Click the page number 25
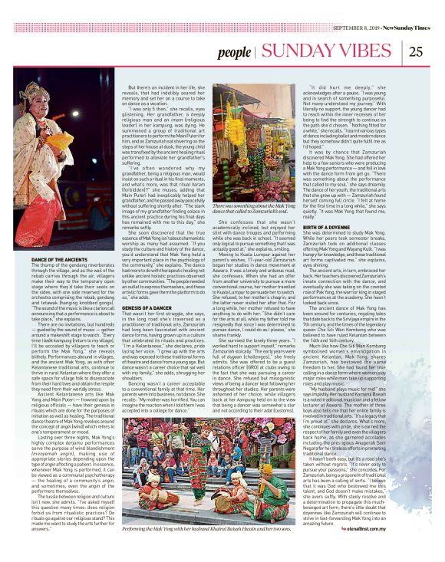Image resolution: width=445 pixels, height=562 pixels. point(415,52)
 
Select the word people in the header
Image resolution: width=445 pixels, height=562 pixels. point(232,53)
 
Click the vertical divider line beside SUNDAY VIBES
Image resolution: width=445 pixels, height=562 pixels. point(256,52)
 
